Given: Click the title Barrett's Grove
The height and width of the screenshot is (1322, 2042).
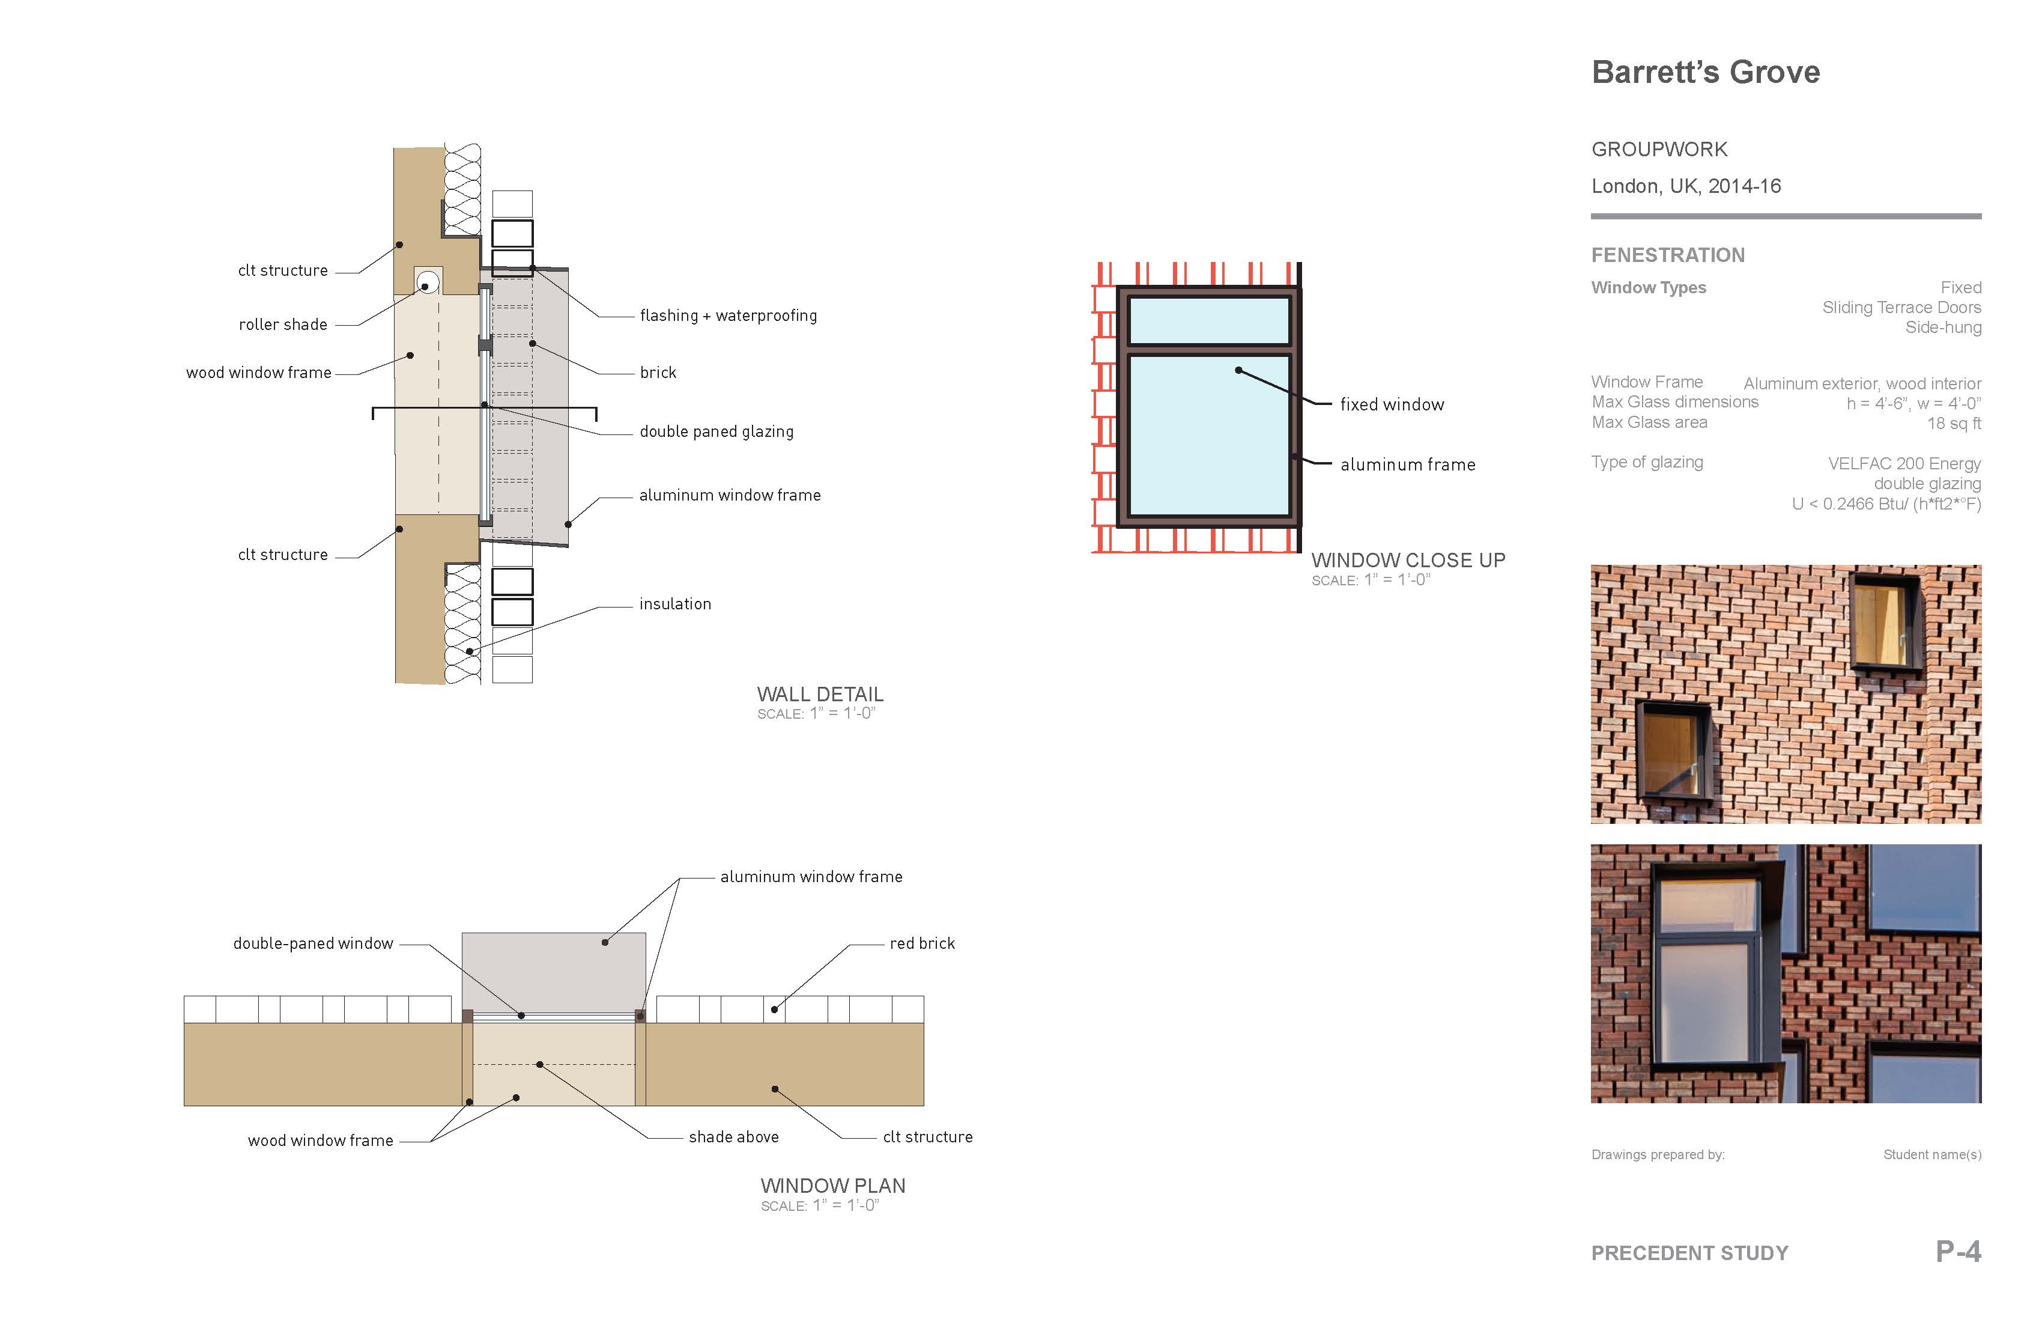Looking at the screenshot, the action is coord(1705,72).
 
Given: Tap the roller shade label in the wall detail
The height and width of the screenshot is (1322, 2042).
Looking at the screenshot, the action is coord(282,324).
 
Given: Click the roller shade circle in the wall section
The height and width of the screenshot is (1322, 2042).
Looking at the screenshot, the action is coord(427,282).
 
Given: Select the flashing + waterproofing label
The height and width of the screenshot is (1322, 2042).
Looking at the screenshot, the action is coord(727,316).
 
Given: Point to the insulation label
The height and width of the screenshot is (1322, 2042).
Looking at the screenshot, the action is coord(674,605).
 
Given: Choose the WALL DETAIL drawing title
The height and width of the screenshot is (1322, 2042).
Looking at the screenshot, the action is coord(819,695).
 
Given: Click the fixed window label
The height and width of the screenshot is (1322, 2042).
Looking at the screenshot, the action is coord(1392,405).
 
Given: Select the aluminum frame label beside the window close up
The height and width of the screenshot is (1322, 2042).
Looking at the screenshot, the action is coord(1407,465).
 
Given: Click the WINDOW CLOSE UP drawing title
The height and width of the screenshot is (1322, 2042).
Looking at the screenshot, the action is coord(1408,561).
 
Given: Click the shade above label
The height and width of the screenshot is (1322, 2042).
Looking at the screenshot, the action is coord(733,1138).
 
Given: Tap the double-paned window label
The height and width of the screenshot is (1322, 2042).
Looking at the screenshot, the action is coord(313,943).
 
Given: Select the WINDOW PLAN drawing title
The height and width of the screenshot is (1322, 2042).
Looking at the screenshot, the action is coord(832,1186).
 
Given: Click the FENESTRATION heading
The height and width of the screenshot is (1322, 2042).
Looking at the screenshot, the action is coord(1667,255).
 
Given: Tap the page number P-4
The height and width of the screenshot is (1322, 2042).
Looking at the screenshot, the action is coord(1958,1252).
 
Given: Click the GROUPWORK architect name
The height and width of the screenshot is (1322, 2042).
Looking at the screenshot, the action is coord(1658,150).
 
